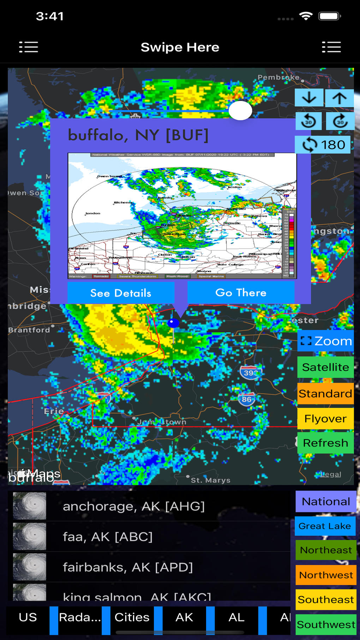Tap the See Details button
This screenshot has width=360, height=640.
point(121,293)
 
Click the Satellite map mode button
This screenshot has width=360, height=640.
point(325,367)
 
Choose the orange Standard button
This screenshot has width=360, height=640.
point(325,393)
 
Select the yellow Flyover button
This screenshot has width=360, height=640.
point(325,419)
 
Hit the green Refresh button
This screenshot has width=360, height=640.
point(325,443)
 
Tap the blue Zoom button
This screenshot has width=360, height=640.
point(325,341)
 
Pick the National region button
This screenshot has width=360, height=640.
point(326,502)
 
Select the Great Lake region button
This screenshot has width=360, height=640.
point(325,526)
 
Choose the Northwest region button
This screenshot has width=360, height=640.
point(326,575)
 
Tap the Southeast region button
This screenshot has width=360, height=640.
point(326,599)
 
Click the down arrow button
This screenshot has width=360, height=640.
point(309,98)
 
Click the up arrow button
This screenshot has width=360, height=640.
point(339,98)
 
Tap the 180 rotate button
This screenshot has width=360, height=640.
point(323,145)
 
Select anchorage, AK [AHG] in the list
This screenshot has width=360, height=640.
point(134,506)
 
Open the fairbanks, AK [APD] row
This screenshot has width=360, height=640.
point(128,567)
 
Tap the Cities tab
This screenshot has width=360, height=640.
point(132,617)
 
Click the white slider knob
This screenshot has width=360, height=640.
point(240,111)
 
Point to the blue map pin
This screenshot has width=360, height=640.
point(173,323)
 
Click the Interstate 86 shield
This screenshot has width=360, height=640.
point(247,399)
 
